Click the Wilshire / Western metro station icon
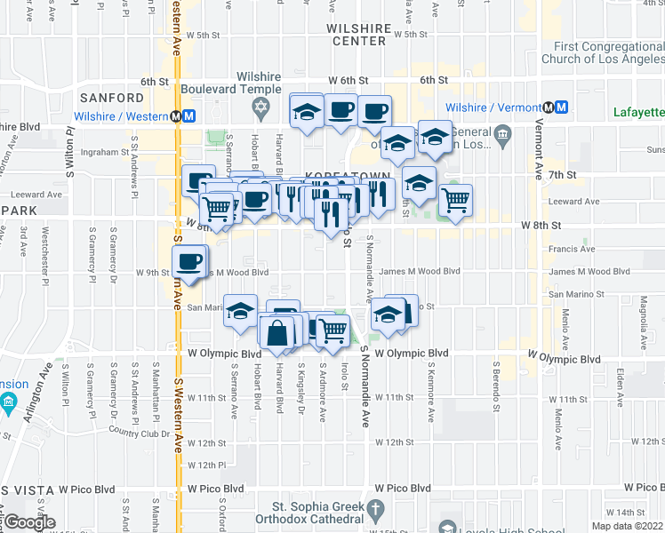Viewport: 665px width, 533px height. pos(183,116)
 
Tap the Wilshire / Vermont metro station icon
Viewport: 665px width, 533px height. pos(555,107)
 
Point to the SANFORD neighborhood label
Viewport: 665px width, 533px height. pos(112,97)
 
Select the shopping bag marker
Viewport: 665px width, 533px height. pos(277,334)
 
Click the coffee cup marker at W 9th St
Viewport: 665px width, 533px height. pos(188,261)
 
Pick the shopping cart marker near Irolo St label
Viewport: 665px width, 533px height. pos(333,330)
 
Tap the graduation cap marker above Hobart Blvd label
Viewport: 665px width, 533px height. pos(240,311)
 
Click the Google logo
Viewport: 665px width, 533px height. pos(29,522)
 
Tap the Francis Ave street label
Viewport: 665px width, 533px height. pos(571,250)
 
